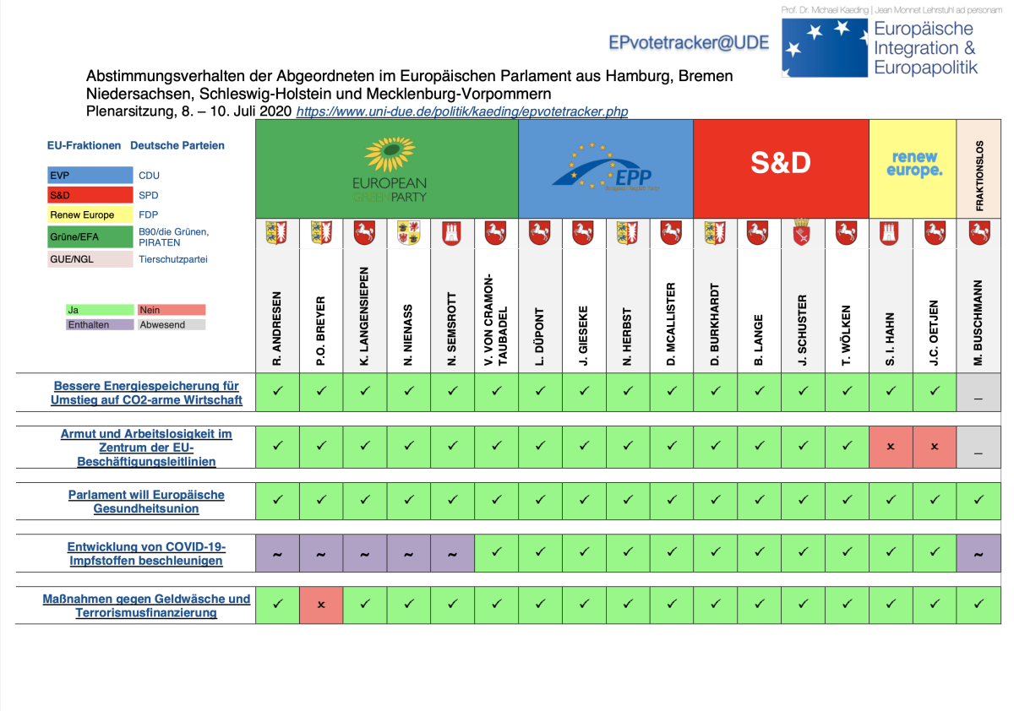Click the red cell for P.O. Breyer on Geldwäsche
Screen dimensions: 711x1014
click(x=321, y=605)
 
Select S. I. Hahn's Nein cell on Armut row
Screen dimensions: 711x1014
click(x=891, y=446)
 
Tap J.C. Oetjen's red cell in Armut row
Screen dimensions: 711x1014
click(x=935, y=446)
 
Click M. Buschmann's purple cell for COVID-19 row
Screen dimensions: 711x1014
click(x=979, y=553)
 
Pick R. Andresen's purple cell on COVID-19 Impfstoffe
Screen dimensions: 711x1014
click(x=278, y=553)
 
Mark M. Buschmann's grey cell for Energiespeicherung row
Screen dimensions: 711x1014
click(x=979, y=393)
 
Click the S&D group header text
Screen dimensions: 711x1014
click(x=781, y=163)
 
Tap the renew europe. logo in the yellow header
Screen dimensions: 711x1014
click(x=913, y=164)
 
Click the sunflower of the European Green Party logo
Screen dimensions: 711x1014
click(x=389, y=155)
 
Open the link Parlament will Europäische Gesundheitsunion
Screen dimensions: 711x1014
click(x=146, y=502)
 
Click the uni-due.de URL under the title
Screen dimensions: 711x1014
click(x=461, y=111)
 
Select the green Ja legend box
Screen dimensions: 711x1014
click(x=100, y=310)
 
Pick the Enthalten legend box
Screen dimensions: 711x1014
click(x=100, y=324)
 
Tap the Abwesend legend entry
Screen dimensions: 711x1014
click(x=172, y=324)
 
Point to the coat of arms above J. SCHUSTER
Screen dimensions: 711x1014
click(x=803, y=232)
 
